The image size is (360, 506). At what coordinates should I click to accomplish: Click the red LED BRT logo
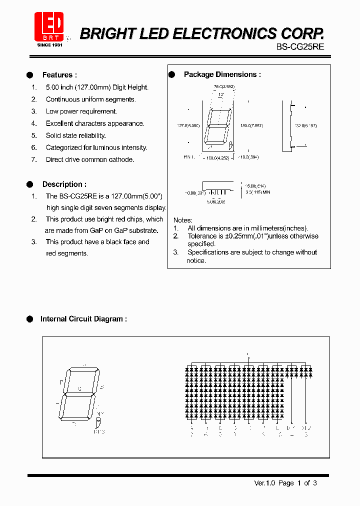[49, 26]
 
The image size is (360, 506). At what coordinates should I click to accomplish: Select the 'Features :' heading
[59, 75]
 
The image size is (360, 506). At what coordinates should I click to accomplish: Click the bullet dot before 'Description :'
[29, 184]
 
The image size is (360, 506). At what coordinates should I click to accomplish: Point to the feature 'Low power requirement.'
[81, 111]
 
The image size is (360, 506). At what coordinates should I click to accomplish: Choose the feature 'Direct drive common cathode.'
[90, 159]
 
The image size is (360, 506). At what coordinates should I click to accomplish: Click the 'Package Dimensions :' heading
[222, 74]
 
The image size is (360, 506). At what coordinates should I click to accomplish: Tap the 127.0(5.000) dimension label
[188, 125]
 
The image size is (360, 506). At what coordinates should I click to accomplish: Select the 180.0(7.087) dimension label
[251, 125]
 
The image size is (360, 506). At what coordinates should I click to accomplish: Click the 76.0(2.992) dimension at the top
[224, 86]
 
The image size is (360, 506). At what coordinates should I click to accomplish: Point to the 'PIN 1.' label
[189, 157]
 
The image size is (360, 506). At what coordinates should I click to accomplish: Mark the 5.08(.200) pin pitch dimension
[216, 201]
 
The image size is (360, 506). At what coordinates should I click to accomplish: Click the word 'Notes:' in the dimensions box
[183, 220]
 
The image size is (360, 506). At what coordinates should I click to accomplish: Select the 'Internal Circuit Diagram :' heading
[83, 319]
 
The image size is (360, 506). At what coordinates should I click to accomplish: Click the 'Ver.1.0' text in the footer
[264, 483]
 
